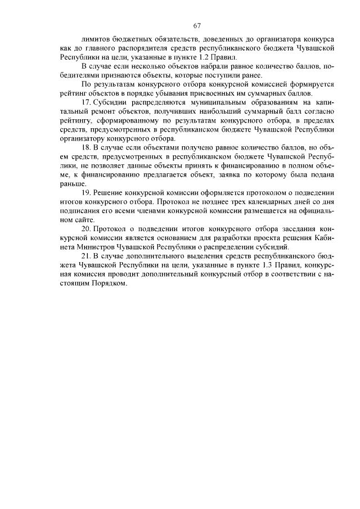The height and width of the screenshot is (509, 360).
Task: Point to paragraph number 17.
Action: (85, 103)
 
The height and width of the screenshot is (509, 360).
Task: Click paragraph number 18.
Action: (85, 147)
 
